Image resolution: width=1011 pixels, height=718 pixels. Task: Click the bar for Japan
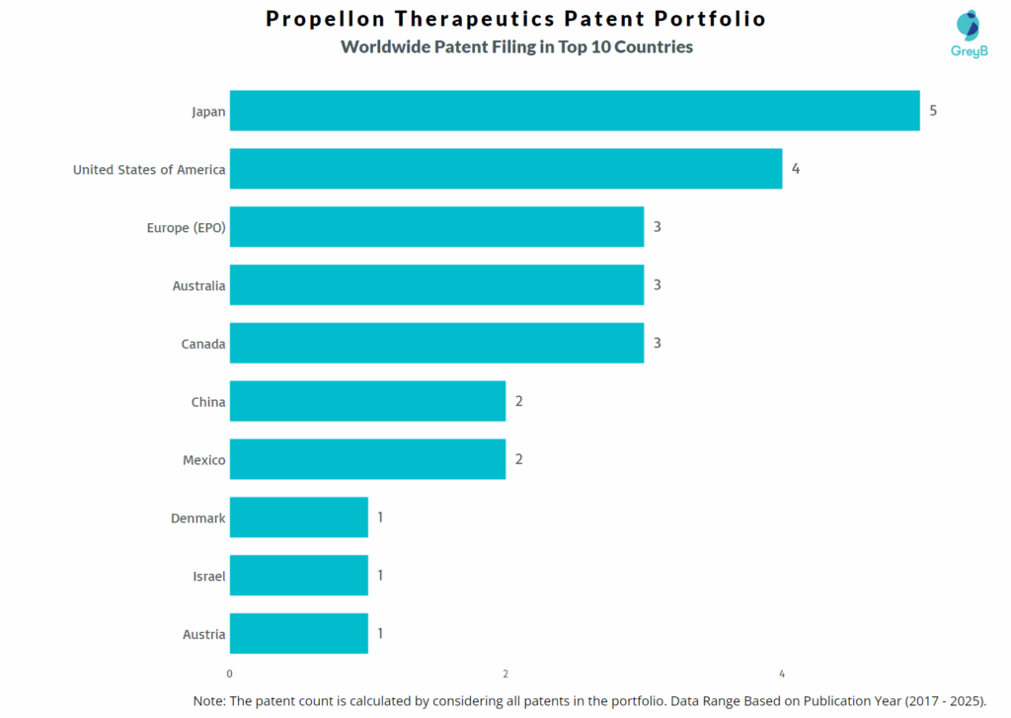point(575,111)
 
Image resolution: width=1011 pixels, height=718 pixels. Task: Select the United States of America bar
point(505,169)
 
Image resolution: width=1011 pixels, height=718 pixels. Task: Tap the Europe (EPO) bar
point(436,227)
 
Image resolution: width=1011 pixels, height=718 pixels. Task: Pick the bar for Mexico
point(367,459)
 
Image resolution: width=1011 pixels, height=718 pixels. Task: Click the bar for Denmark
point(298,518)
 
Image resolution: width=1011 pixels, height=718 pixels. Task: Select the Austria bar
point(298,634)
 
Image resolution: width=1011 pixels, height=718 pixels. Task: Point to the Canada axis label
point(202,344)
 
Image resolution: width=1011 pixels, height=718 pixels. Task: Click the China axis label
point(207,402)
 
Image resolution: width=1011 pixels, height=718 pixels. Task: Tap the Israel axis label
point(208,576)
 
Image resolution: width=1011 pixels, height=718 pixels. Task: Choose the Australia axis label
point(198,285)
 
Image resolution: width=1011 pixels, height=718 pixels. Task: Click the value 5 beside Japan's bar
point(933,111)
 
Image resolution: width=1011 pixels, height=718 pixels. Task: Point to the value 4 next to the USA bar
point(795,169)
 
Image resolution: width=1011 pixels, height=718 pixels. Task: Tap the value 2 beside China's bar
point(518,402)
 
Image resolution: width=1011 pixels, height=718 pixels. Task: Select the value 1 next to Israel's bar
point(380,576)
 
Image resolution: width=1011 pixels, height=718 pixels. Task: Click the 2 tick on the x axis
point(505,675)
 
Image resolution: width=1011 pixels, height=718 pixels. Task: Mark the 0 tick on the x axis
point(230,675)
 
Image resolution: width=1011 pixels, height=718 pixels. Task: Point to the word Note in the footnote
point(208,700)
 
